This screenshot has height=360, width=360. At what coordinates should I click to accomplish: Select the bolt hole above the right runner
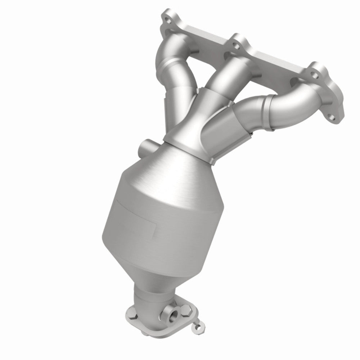click(x=316, y=75)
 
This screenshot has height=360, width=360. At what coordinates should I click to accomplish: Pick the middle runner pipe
click(x=222, y=75)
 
